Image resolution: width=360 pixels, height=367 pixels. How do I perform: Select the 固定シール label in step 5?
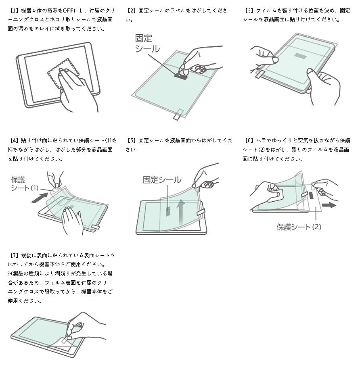162,179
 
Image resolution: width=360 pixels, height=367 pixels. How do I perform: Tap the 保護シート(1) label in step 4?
24,184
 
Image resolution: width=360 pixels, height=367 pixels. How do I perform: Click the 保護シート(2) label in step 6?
299,227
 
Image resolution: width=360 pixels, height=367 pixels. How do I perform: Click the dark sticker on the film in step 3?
299,55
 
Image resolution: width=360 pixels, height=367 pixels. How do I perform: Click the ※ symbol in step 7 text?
10,273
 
